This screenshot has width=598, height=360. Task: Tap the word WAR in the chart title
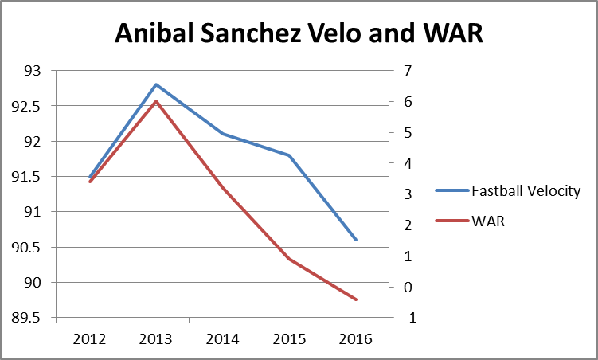coord(452,33)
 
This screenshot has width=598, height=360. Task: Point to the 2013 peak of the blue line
coord(156,84)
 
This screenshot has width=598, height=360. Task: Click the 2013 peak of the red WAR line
coord(156,101)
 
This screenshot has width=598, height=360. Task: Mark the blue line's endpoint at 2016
coord(356,239)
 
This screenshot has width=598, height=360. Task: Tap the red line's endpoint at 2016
coord(356,299)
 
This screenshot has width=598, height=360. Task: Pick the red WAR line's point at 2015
coord(289,259)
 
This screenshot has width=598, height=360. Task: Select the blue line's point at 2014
coord(223,134)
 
